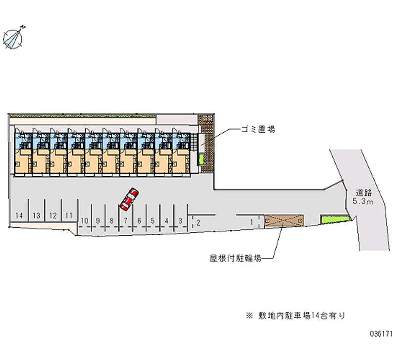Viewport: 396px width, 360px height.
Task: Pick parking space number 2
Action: click(x=198, y=222)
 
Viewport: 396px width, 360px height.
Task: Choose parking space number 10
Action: click(x=85, y=221)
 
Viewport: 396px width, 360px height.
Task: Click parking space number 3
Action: click(x=181, y=221)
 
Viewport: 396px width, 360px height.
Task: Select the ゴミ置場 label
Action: click(x=258, y=130)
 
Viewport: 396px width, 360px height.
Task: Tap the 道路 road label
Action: click(x=363, y=192)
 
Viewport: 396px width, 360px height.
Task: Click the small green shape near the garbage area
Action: click(x=201, y=159)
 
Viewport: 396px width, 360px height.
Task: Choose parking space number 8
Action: click(x=112, y=221)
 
